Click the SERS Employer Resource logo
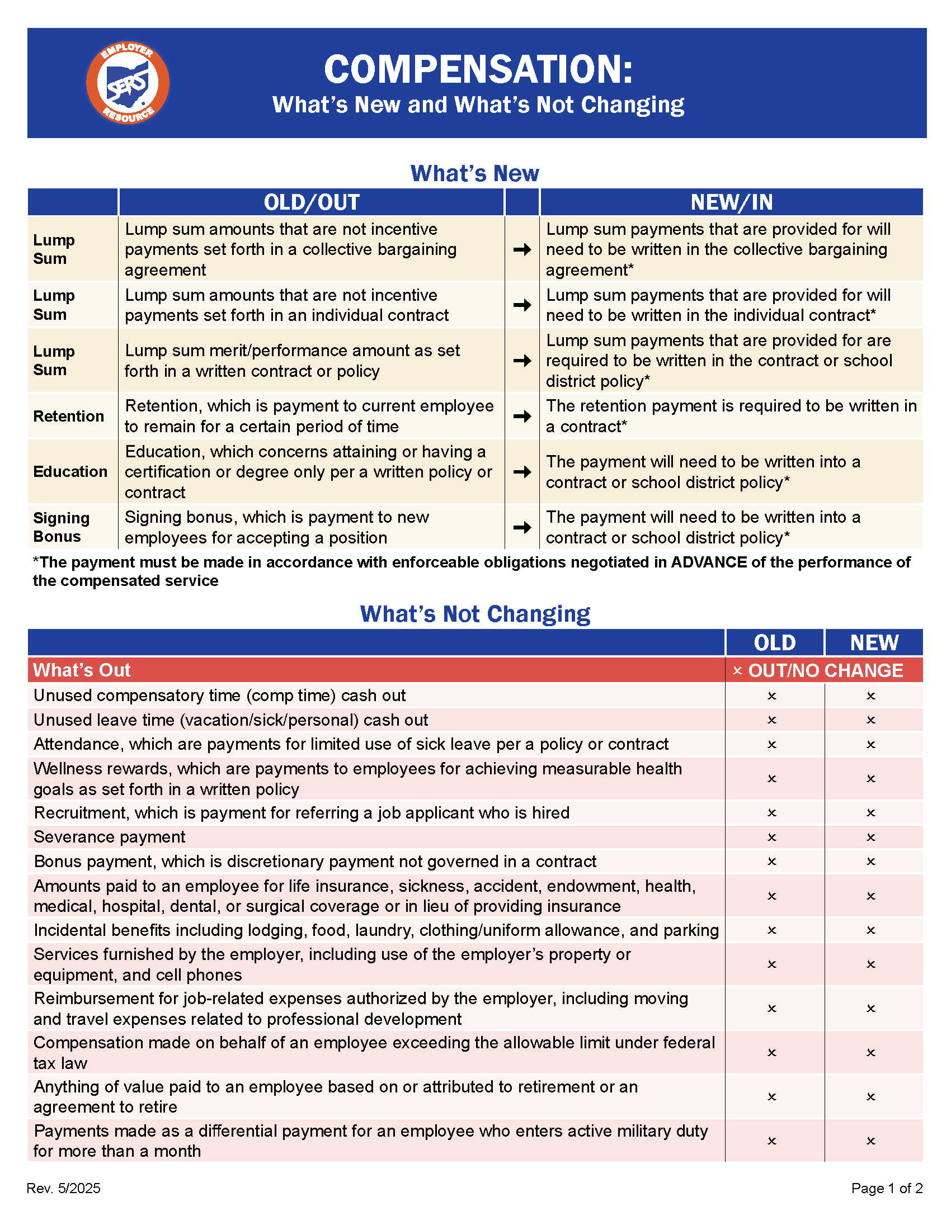pyautogui.click(x=128, y=83)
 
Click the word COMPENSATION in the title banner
pyautogui.click(x=478, y=70)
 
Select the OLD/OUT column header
pyautogui.click(x=312, y=202)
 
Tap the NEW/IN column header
pyautogui.click(x=731, y=202)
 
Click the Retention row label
pyautogui.click(x=69, y=416)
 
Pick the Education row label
pyautogui.click(x=70, y=471)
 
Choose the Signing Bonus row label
pyautogui.click(x=62, y=527)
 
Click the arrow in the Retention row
pyautogui.click(x=522, y=416)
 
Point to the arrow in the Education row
pyautogui.click(x=522, y=471)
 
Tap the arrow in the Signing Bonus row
pyautogui.click(x=522, y=527)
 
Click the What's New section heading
pyautogui.click(x=474, y=173)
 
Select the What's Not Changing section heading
pyautogui.click(x=475, y=614)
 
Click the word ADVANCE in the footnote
pyautogui.click(x=709, y=562)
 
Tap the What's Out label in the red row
pyautogui.click(x=82, y=670)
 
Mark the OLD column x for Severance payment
pyautogui.click(x=772, y=838)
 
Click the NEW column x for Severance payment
pyautogui.click(x=871, y=838)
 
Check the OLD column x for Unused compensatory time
pyautogui.click(x=772, y=696)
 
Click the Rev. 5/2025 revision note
pyautogui.click(x=64, y=1188)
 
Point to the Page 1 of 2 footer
pyautogui.click(x=887, y=1188)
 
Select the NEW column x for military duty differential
pyautogui.click(x=871, y=1141)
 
